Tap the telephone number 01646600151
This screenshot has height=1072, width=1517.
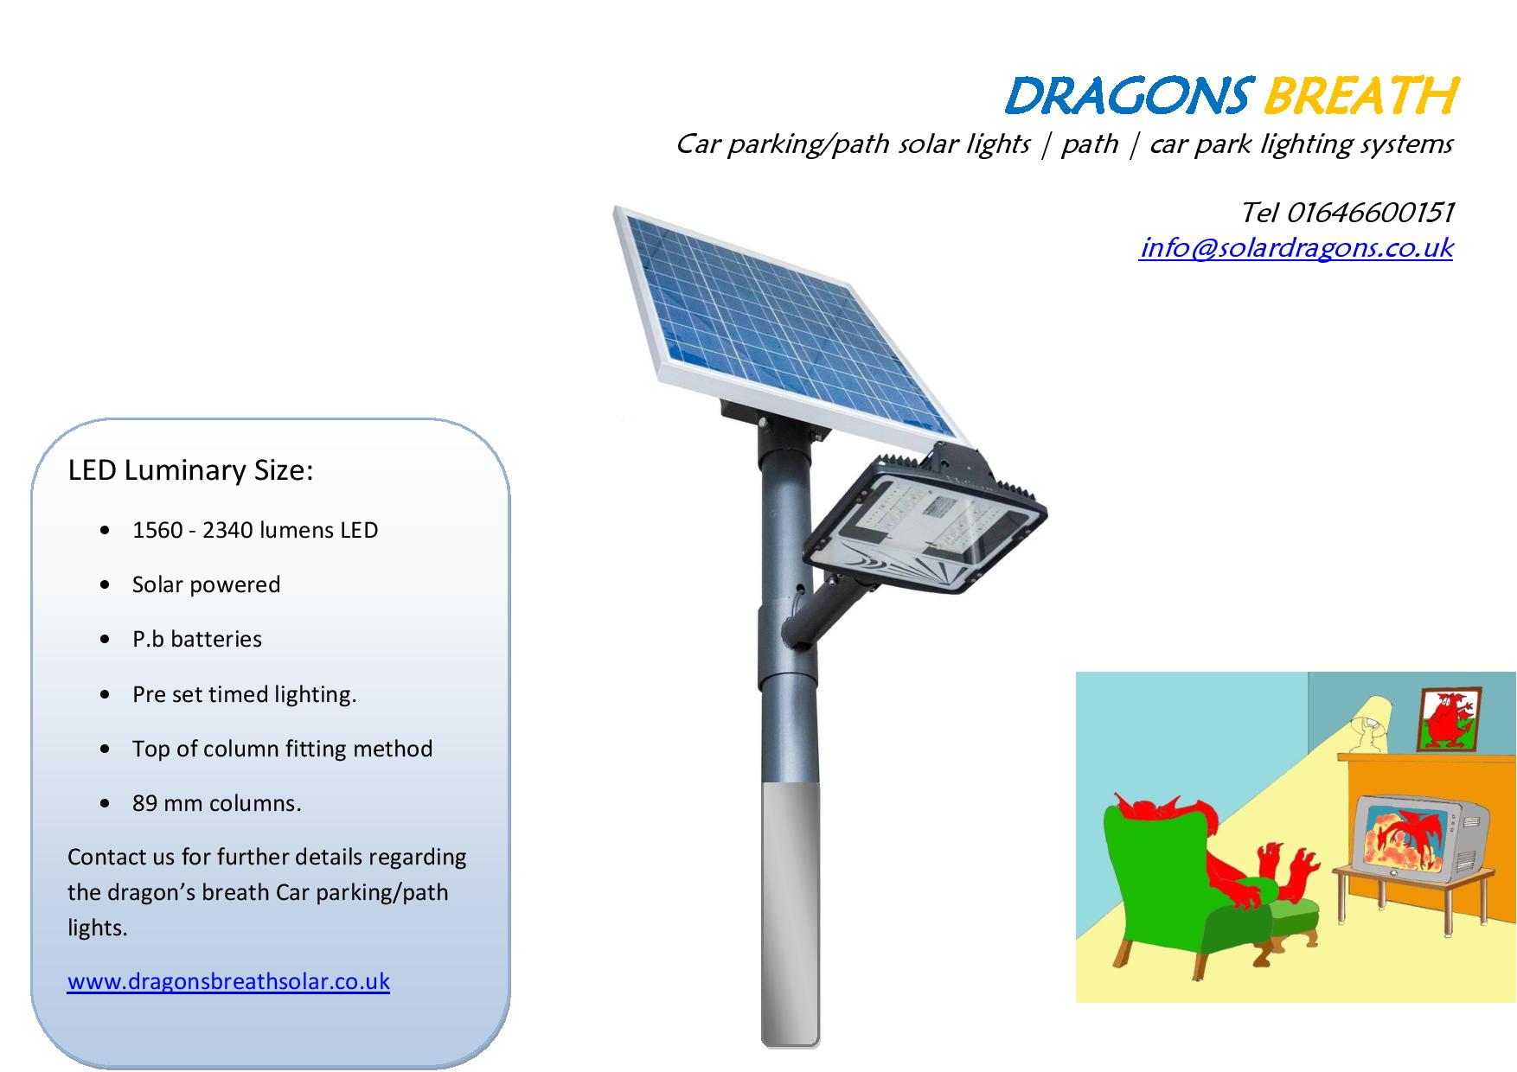click(x=1370, y=212)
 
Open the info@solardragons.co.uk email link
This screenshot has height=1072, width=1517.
click(x=1296, y=248)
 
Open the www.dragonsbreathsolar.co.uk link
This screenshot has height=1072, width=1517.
click(x=228, y=981)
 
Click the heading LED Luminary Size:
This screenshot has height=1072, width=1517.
click(x=190, y=470)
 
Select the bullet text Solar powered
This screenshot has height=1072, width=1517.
click(x=206, y=584)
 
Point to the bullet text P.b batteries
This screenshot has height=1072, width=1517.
click(x=196, y=639)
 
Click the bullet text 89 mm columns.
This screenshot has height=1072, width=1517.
click(x=216, y=803)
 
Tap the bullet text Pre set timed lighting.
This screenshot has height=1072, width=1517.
click(x=244, y=694)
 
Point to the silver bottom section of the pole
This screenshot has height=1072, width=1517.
click(x=790, y=915)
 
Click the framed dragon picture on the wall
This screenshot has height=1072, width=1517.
click(x=1450, y=719)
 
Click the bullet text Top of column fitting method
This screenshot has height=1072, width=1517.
click(x=282, y=749)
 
